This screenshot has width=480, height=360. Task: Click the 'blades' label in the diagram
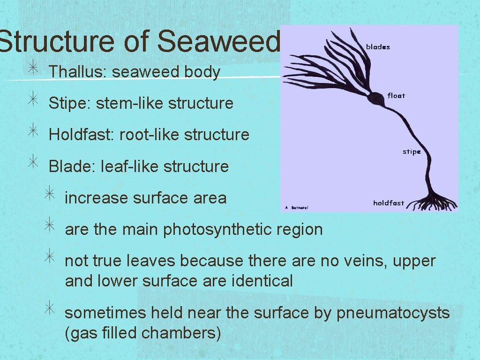378,47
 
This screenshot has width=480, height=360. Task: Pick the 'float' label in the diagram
396,96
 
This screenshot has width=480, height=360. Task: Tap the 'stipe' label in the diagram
412,152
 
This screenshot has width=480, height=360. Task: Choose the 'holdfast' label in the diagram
389,203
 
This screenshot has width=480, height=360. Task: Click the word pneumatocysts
393,313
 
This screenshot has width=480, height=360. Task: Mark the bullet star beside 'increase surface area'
49,196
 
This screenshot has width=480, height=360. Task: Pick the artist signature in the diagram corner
297,207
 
